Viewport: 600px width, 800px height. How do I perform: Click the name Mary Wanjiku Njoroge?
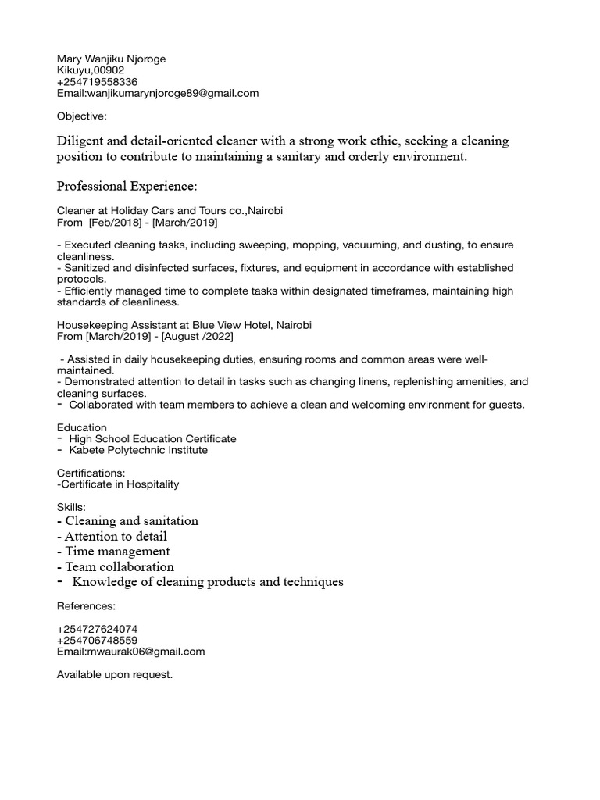click(x=111, y=59)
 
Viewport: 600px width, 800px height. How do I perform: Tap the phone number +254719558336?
click(x=97, y=82)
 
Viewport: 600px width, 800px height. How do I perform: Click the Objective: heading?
click(x=82, y=116)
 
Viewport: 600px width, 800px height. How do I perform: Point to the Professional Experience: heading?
click(x=127, y=187)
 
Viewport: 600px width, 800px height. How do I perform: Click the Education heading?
click(x=82, y=427)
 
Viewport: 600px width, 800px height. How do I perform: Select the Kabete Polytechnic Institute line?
click(x=138, y=450)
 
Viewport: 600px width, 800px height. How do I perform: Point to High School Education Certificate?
click(x=152, y=439)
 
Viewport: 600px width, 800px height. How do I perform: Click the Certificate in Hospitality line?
click(x=118, y=484)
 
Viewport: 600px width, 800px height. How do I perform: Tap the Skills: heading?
click(x=71, y=507)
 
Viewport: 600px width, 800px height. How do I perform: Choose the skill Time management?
click(x=113, y=552)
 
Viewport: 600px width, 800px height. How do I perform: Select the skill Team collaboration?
click(x=116, y=566)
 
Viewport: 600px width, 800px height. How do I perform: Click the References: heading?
click(x=86, y=605)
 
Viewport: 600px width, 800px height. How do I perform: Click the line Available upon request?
click(x=114, y=674)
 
